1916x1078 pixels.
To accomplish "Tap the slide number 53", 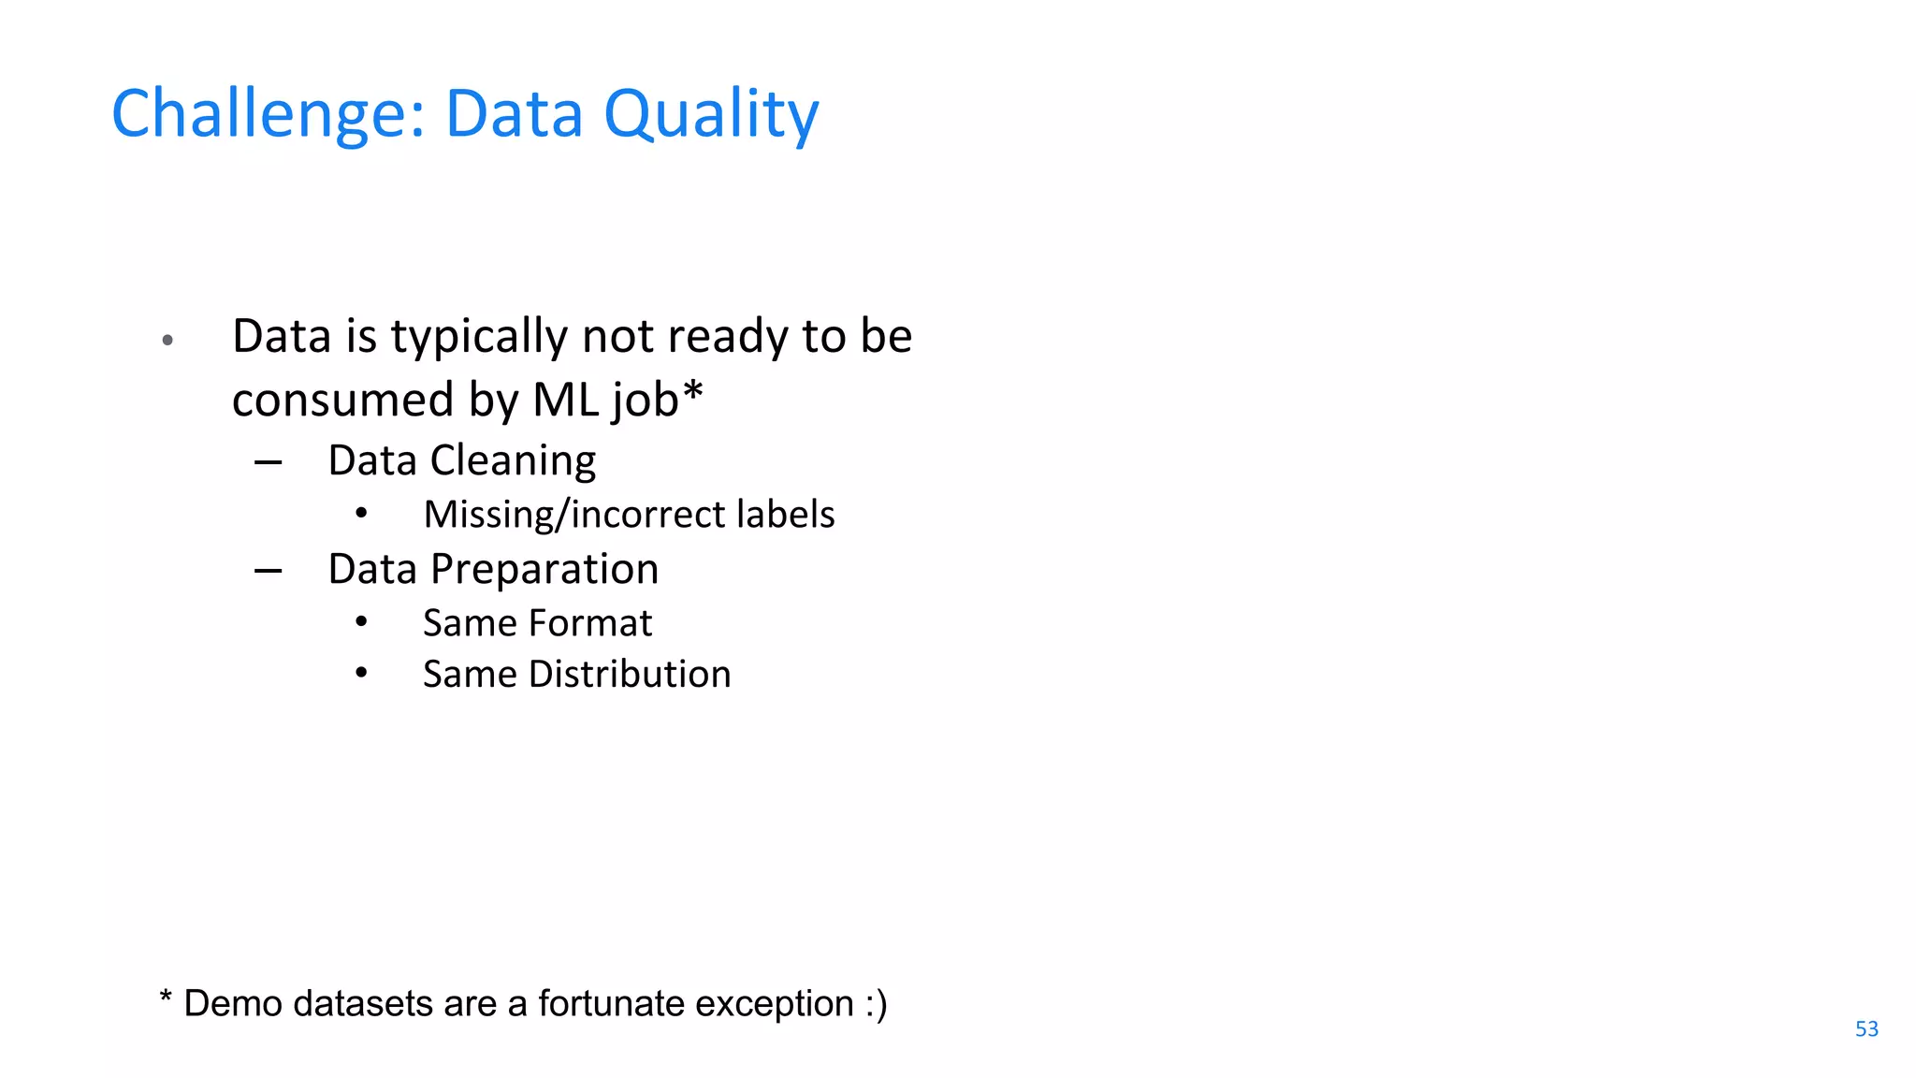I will [1866, 1029].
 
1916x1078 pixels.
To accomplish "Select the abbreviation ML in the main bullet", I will [566, 401].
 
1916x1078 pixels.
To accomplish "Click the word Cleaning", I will [513, 461].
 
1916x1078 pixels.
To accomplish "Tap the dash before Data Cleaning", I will [269, 462].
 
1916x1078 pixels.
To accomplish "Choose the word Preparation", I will [544, 570].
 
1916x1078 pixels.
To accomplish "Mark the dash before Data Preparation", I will [269, 571].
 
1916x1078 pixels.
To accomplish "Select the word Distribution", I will [630, 675].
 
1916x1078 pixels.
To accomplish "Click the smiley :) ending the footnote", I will [876, 1004].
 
